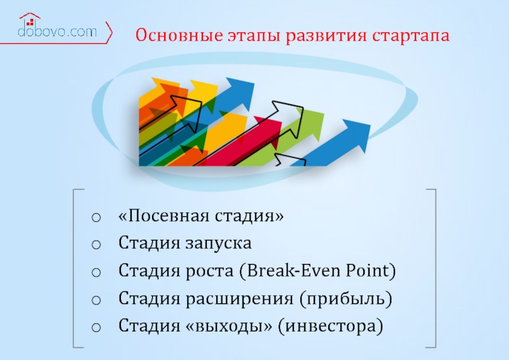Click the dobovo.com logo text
click(x=57, y=32)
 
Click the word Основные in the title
click(x=179, y=35)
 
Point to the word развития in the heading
click(x=326, y=36)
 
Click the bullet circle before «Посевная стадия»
click(x=96, y=217)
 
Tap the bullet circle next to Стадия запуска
click(x=96, y=244)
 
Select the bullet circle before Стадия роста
click(x=96, y=272)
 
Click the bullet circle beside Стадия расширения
click(x=96, y=300)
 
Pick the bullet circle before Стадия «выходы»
click(x=96, y=327)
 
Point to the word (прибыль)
click(x=346, y=298)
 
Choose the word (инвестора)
click(x=330, y=326)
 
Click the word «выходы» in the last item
click(x=229, y=326)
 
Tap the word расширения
click(x=240, y=299)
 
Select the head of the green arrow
click(x=310, y=123)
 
